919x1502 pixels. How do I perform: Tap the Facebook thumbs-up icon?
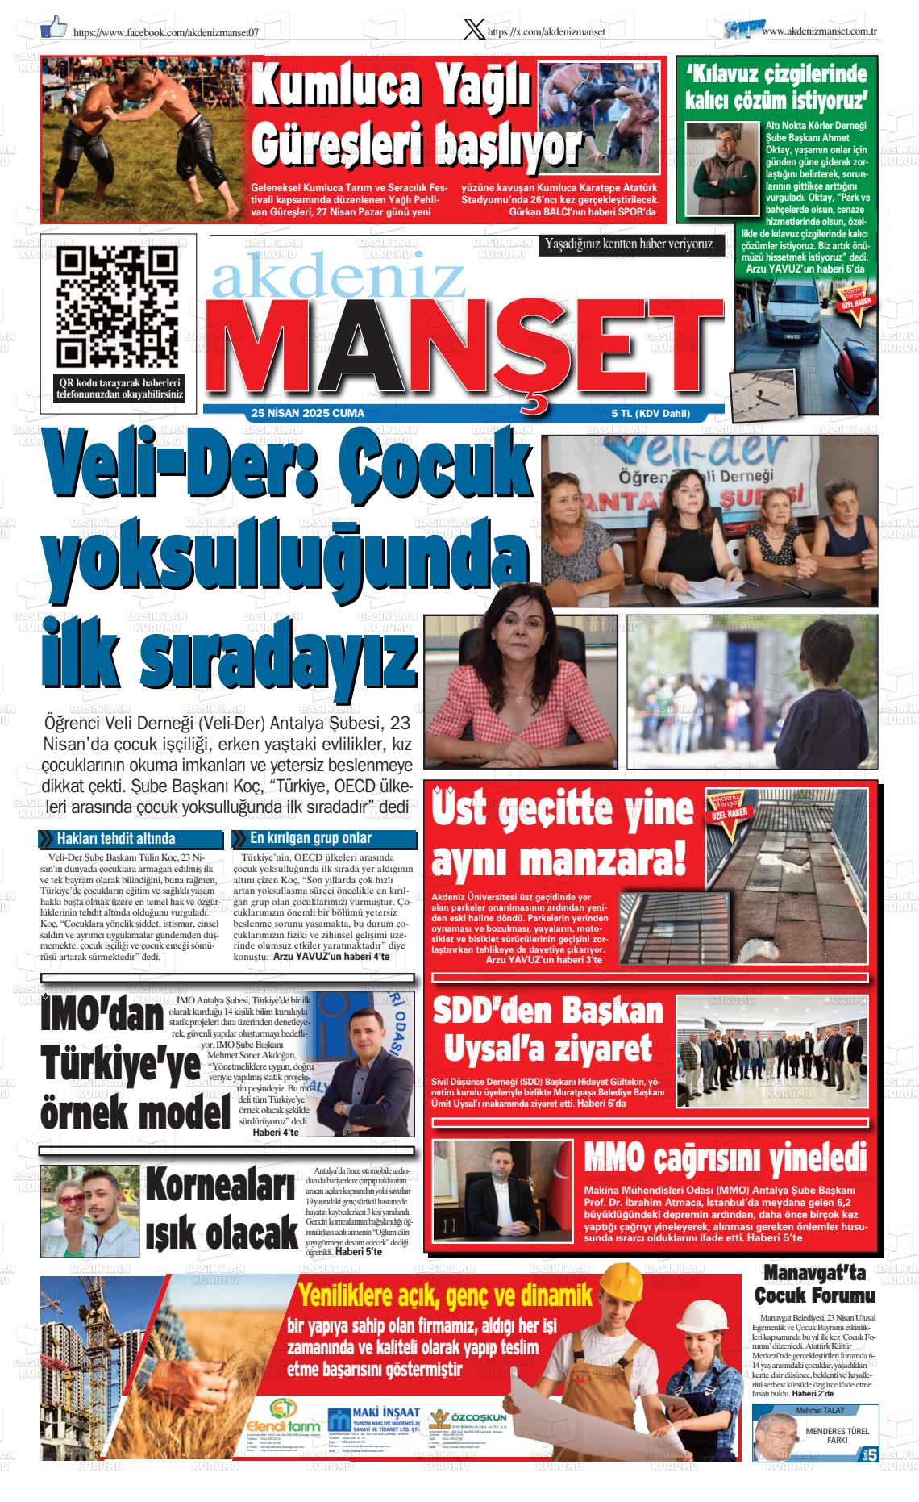[x=54, y=29]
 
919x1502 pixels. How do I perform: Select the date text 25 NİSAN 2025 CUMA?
[x=307, y=414]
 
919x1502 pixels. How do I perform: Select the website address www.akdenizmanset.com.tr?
[x=819, y=31]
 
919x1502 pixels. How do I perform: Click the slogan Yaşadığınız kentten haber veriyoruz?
[x=629, y=243]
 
